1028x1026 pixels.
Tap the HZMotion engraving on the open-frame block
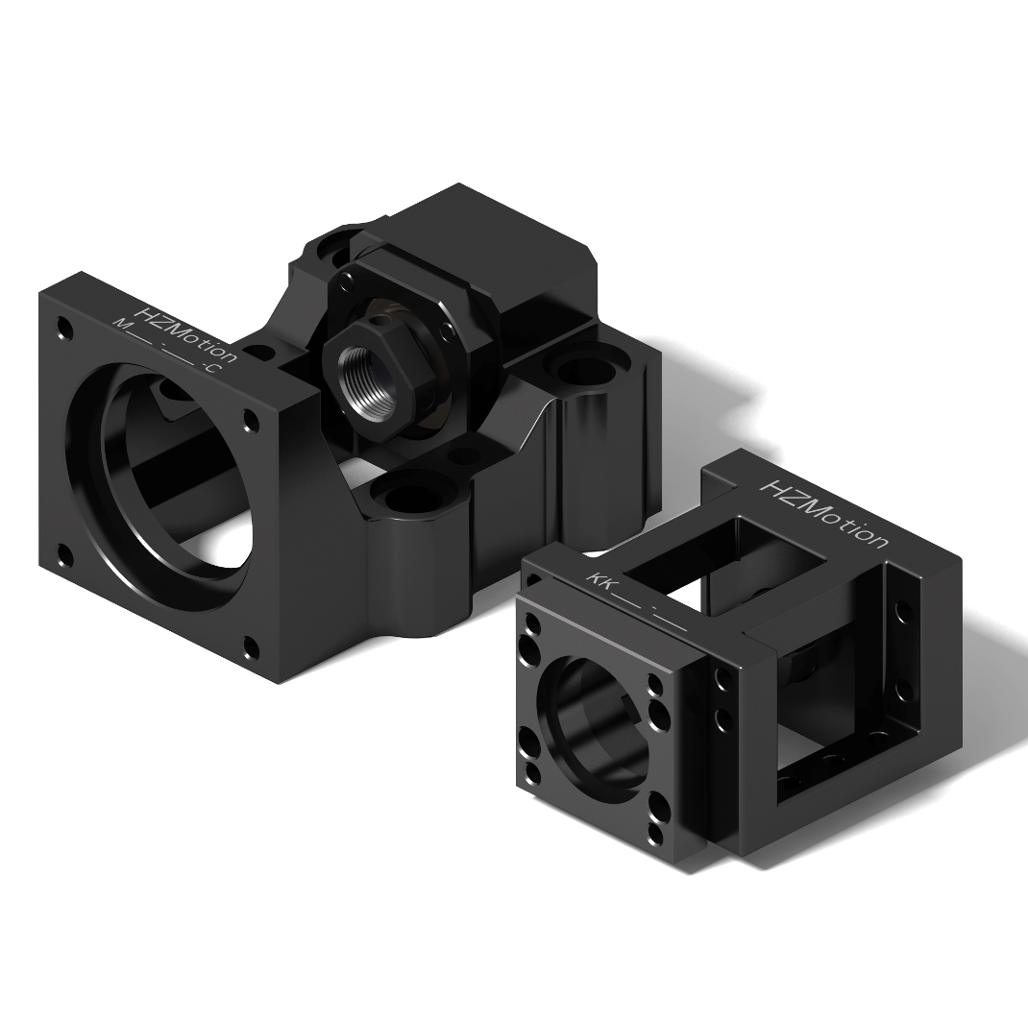point(823,513)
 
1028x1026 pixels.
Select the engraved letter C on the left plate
point(209,369)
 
